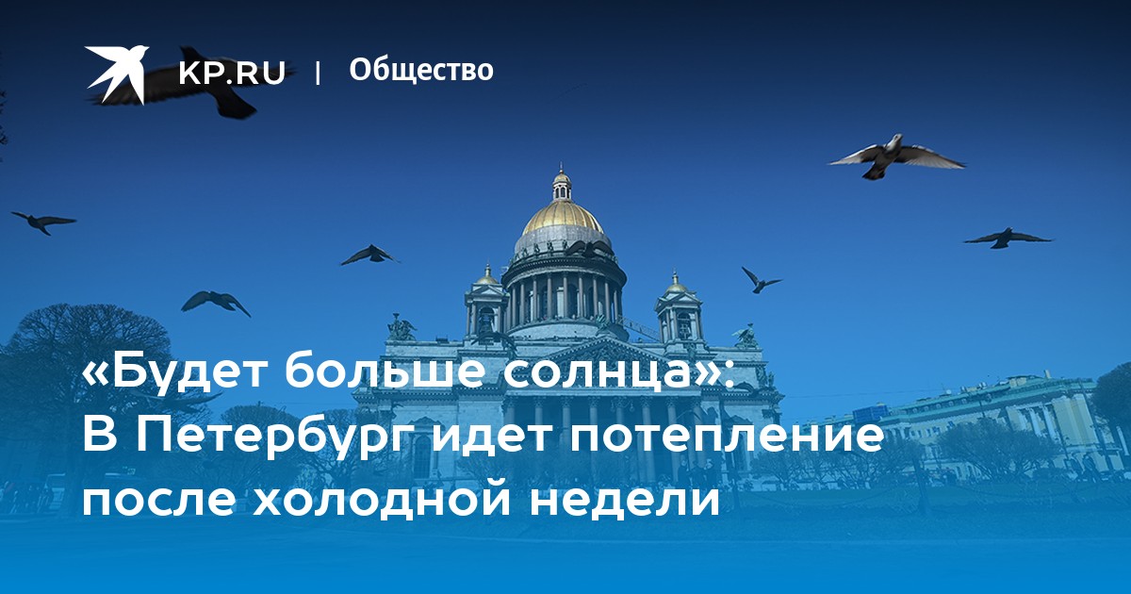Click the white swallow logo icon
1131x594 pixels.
(116, 74)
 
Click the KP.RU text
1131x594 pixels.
(232, 74)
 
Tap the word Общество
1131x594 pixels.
(421, 70)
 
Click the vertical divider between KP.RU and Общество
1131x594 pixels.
(318, 73)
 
